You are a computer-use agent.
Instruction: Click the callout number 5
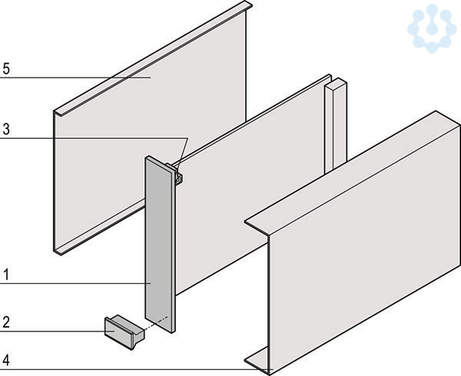(6, 69)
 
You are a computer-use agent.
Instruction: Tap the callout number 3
(6, 129)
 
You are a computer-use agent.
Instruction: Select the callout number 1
(6, 275)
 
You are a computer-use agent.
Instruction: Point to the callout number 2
(6, 322)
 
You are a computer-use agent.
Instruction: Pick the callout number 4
(6, 360)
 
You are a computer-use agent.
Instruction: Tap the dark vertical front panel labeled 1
(161, 244)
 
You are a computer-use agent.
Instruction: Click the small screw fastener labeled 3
(178, 178)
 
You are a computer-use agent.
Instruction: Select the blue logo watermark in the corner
(432, 28)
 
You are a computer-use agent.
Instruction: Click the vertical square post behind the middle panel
(336, 126)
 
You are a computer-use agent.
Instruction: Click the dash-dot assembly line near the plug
(156, 323)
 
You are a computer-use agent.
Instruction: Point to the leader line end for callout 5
(151, 78)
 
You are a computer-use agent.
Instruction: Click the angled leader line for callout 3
(182, 155)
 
